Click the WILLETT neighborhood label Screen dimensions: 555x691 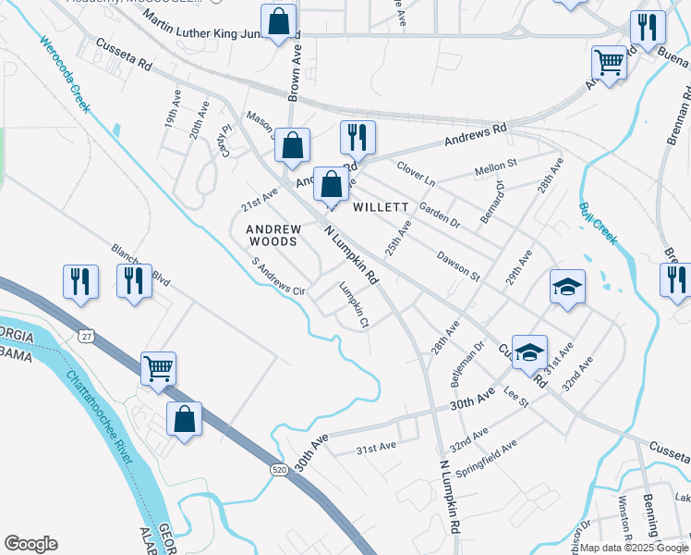point(381,207)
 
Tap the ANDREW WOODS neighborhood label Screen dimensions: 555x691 point(273,234)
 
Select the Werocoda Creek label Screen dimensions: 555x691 point(65,74)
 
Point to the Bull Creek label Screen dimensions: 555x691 point(598,223)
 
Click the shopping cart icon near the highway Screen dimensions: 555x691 point(158,368)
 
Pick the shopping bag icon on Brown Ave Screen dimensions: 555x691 point(292,145)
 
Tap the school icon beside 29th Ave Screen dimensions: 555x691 point(567,286)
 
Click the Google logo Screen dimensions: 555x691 point(30,544)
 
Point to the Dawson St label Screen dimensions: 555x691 point(458,264)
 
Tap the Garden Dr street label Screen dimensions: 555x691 point(439,215)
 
